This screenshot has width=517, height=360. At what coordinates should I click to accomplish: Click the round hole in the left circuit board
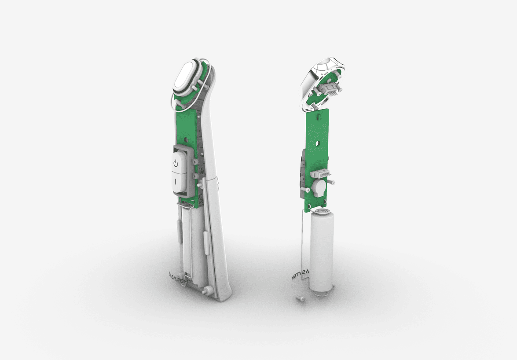point(188,140)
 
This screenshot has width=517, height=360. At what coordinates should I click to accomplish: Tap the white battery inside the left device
point(192,246)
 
